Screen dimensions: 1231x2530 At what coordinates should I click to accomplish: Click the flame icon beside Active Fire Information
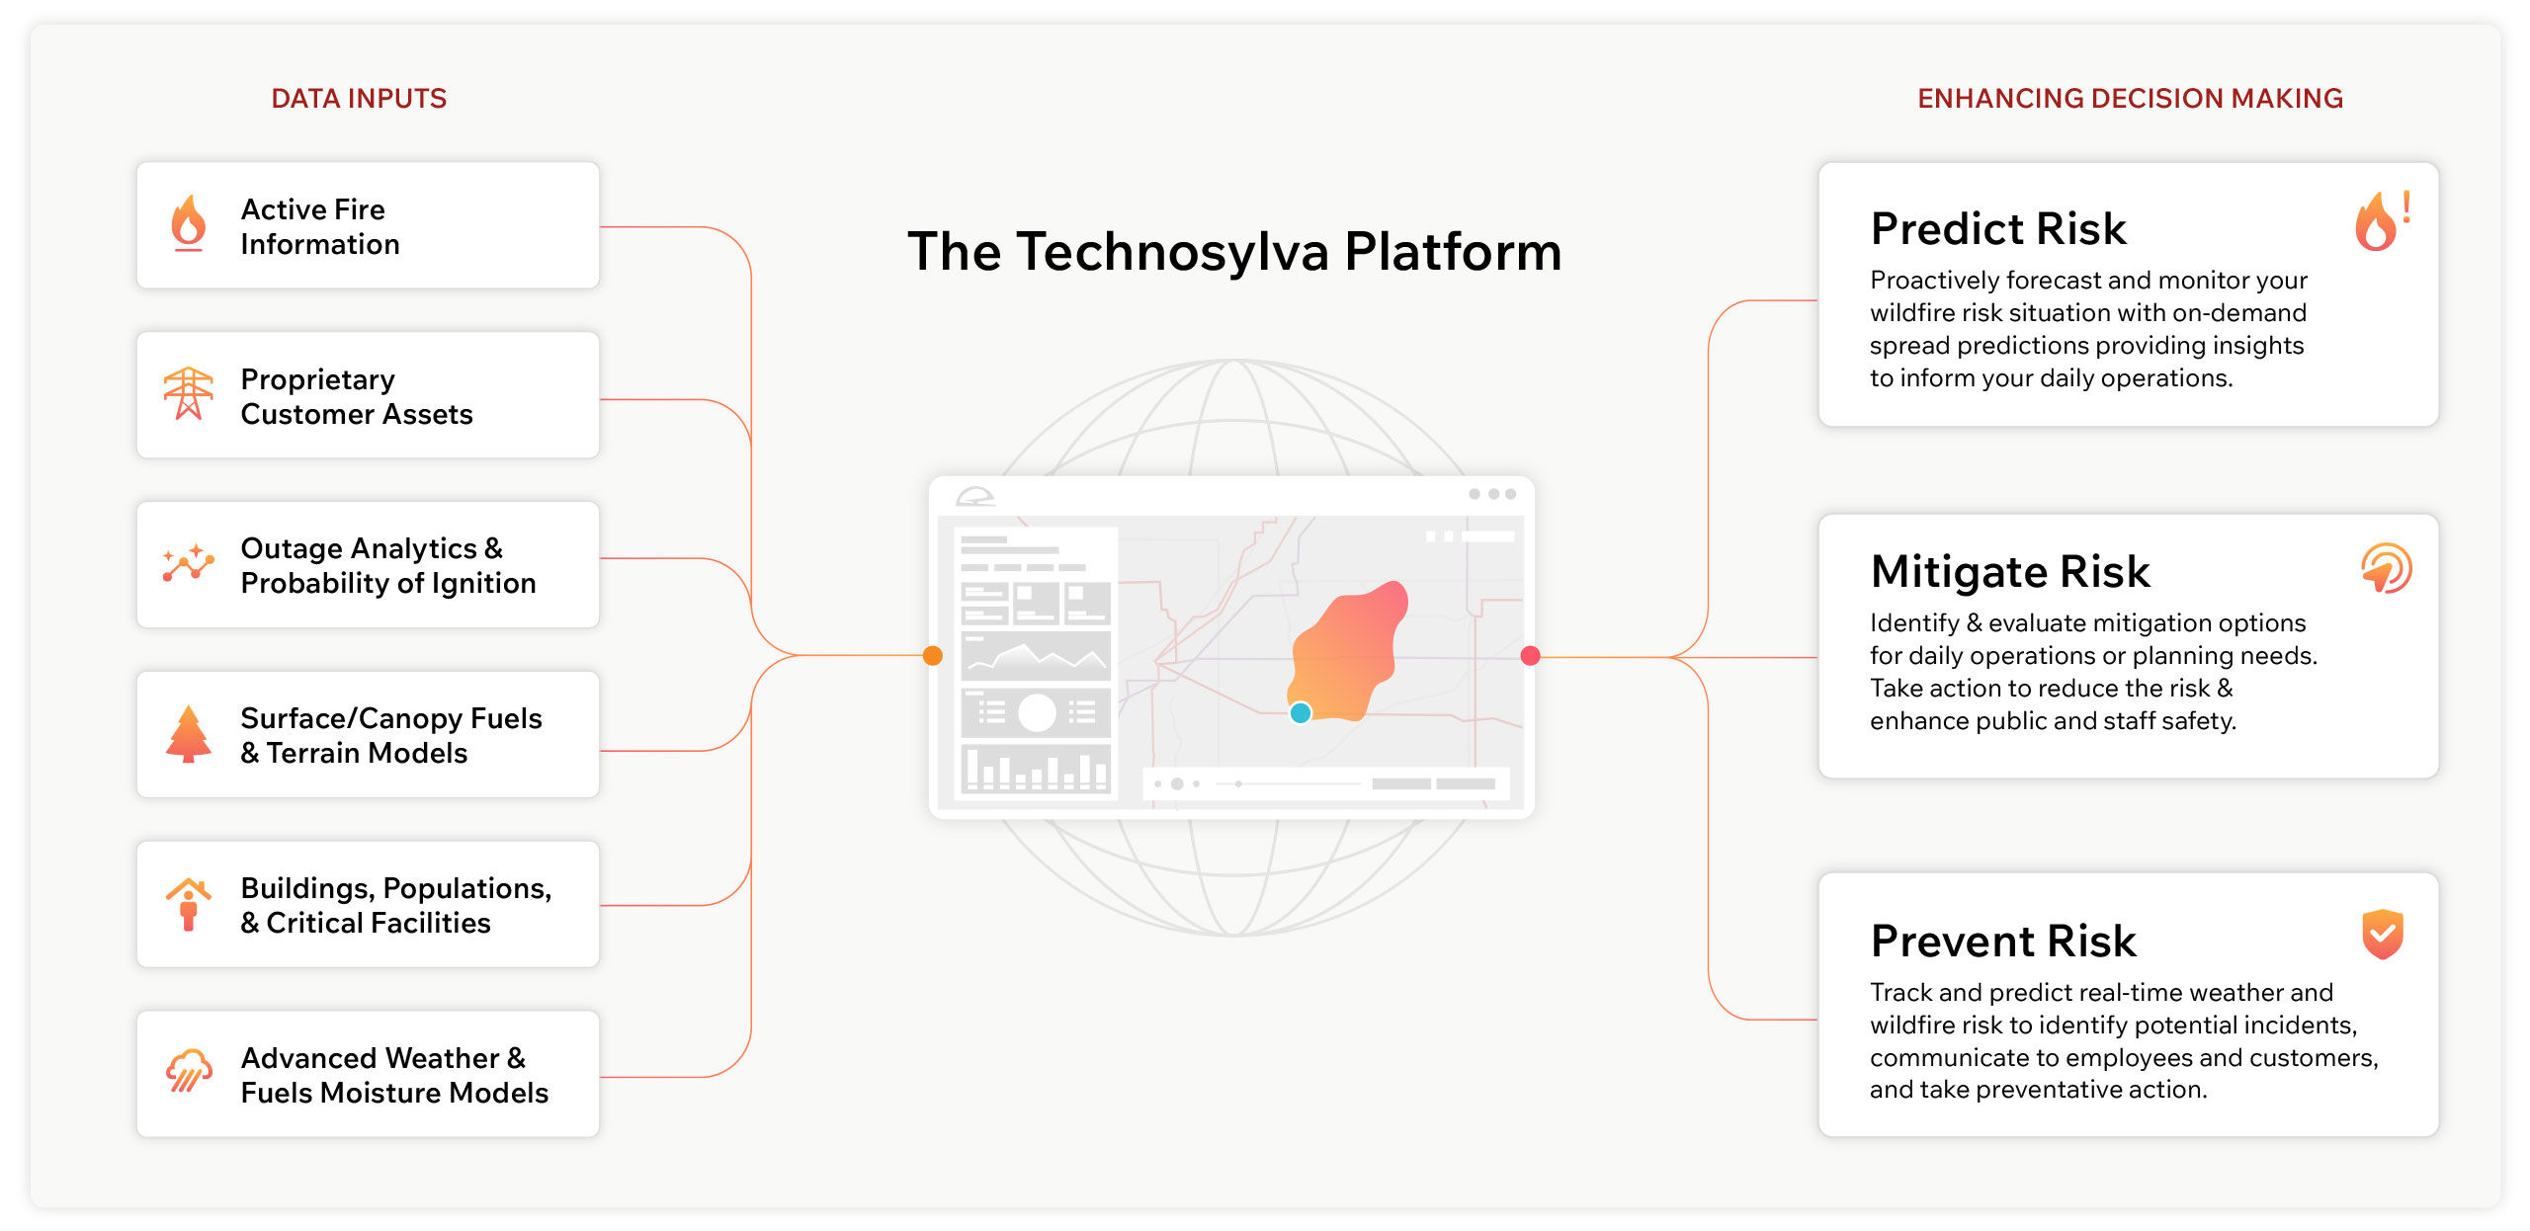tap(188, 223)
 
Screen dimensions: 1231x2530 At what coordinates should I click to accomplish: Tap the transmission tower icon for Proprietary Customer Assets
tap(188, 394)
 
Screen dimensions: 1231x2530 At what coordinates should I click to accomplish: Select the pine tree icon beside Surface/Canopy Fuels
tap(188, 733)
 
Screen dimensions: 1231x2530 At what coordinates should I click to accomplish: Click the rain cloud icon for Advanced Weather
tap(188, 1072)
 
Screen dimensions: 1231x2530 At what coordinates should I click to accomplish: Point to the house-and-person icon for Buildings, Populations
tap(188, 903)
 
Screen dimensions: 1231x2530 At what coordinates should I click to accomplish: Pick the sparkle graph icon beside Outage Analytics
tap(188, 563)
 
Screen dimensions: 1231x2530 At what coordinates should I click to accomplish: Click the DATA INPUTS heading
tap(359, 99)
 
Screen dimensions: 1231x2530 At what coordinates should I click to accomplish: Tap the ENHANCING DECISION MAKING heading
tap(2130, 99)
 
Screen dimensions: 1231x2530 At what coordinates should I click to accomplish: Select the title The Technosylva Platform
tap(1234, 252)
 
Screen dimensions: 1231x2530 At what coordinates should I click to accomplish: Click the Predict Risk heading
tap(1998, 229)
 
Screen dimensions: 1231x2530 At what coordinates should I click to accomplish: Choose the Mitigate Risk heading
tap(2010, 572)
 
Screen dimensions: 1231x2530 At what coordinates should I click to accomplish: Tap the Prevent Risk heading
tap(2003, 941)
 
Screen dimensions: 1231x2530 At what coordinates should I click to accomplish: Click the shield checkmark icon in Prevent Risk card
tap(2383, 934)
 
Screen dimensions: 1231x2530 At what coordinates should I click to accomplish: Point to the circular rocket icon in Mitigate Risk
tap(2386, 569)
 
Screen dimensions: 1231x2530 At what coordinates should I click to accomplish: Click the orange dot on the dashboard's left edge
tap(933, 656)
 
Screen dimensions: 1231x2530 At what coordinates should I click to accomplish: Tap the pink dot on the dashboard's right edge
tap(1530, 656)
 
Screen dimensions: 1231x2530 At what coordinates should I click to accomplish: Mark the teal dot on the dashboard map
tap(1301, 712)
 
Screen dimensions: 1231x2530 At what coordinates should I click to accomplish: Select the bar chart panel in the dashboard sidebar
tap(1036, 768)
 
